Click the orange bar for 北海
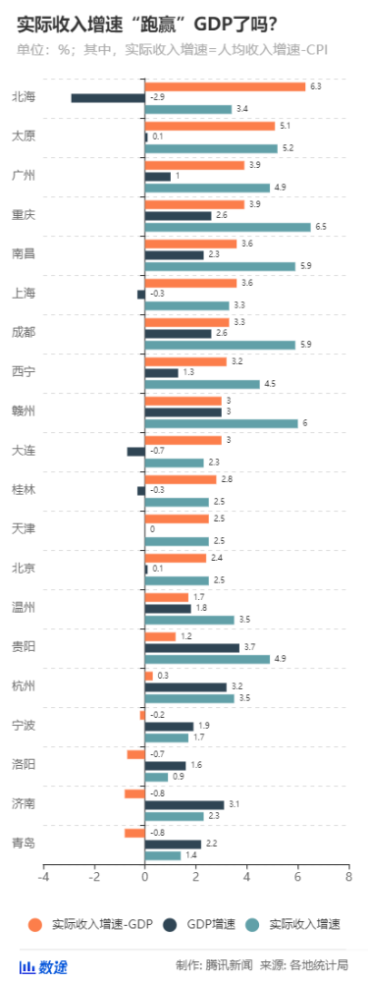point(225,86)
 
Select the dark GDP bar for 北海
point(108,97)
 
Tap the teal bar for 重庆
point(228,227)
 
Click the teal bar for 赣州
point(221,423)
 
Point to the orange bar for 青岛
point(134,833)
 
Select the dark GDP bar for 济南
point(184,805)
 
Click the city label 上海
point(24,294)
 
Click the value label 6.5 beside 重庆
point(321,227)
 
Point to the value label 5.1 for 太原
point(285,126)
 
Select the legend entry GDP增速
point(207,924)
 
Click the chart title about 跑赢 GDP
point(147,23)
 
